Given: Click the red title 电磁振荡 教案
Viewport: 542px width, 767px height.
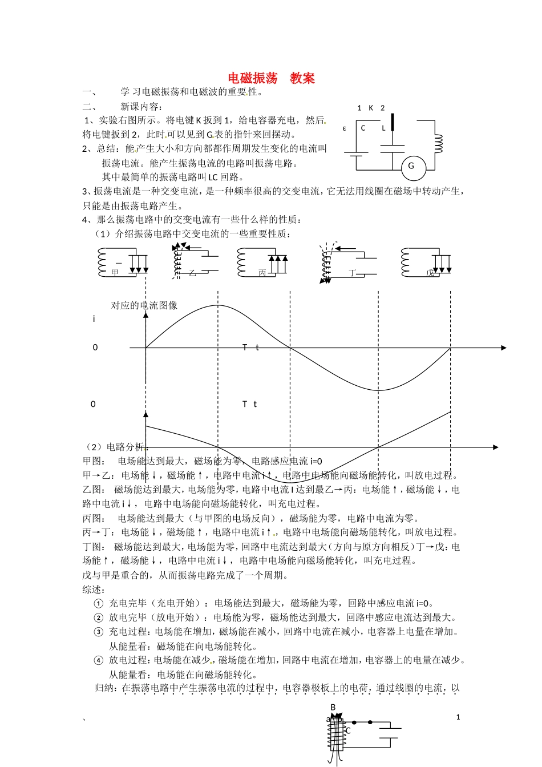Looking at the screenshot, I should click(x=271, y=78).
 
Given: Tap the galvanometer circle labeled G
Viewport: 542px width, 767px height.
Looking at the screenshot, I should click(x=411, y=166).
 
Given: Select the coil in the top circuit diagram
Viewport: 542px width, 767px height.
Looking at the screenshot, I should click(x=438, y=144).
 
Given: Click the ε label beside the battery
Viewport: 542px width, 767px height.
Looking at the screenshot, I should click(x=345, y=128).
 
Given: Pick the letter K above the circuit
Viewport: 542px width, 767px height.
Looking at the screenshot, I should click(x=371, y=108).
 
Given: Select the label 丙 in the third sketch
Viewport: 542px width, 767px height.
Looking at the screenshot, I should click(x=262, y=273).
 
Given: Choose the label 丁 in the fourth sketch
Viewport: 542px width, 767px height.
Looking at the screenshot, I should click(x=352, y=273).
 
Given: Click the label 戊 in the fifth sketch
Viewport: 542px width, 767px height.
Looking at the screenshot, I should click(x=430, y=273).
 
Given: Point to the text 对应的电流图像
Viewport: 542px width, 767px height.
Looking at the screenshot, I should click(x=144, y=305).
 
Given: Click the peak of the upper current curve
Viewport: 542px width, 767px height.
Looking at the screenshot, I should click(x=218, y=305).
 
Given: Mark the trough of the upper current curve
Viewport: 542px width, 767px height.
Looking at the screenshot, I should click(x=378, y=390).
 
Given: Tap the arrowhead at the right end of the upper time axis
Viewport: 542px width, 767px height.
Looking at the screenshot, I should click(x=503, y=348).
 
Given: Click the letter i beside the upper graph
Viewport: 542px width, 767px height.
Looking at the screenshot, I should click(x=94, y=319).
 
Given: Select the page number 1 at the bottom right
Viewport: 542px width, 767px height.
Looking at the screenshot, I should click(x=458, y=717).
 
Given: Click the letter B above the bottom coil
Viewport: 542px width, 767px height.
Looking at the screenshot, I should click(x=333, y=708).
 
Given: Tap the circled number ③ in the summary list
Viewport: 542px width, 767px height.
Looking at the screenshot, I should click(x=98, y=632).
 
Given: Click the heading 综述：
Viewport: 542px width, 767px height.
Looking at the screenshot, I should click(x=94, y=589).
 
